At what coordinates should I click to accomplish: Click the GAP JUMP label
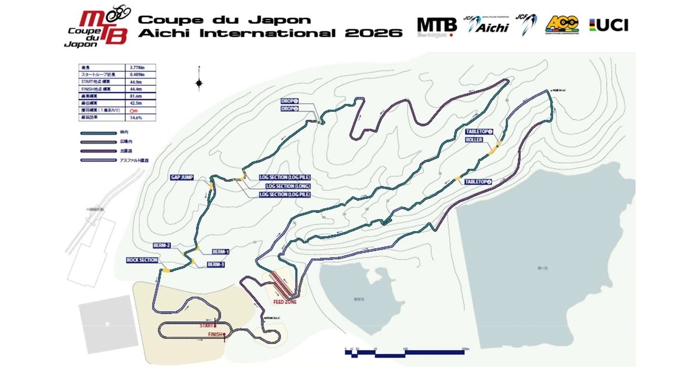182,177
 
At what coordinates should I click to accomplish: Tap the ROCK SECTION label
142,260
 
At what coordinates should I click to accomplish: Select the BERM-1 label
219,252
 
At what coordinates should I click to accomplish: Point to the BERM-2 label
161,245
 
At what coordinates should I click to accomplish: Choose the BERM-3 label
216,264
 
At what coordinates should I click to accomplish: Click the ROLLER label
474,140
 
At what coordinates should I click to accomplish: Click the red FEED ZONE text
285,302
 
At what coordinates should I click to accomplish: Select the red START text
207,326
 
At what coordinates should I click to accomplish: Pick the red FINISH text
216,334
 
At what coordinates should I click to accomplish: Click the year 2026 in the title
377,33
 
